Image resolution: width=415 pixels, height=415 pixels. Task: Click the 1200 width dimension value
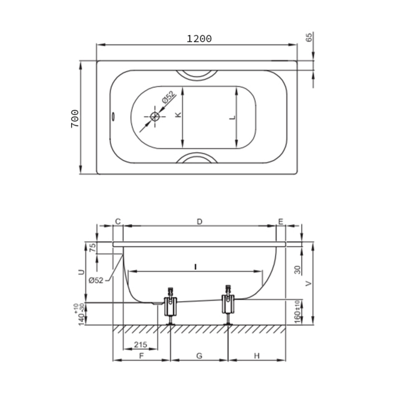point(199,39)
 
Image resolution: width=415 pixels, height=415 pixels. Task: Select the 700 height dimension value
point(75,118)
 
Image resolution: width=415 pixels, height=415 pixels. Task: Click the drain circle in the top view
point(155,117)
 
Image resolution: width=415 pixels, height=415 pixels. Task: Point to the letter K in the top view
point(178,115)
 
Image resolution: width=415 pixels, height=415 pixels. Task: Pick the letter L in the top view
point(232,117)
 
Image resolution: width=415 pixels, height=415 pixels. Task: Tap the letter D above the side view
point(199,222)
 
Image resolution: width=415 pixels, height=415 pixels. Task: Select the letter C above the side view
point(118,222)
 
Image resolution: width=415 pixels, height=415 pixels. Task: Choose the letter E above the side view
point(281,222)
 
